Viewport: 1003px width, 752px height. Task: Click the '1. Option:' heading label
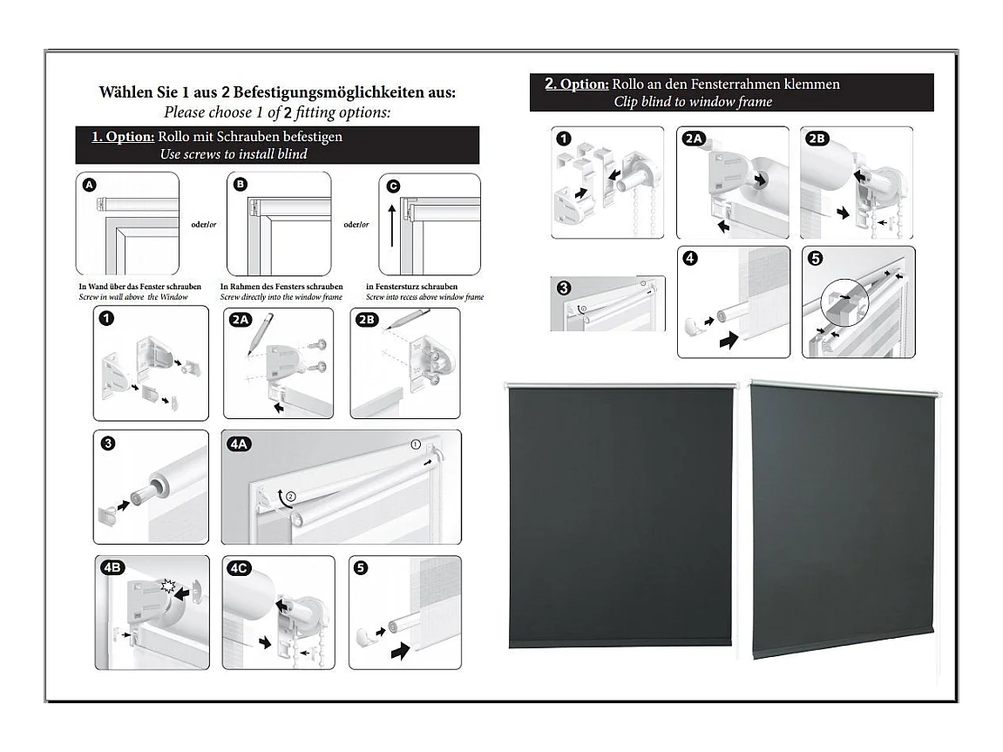[123, 137]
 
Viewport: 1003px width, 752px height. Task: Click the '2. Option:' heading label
[576, 85]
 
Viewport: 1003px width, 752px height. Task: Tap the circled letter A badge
[89, 185]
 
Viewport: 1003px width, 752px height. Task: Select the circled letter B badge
[241, 185]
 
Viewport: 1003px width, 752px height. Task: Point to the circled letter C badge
[393, 186]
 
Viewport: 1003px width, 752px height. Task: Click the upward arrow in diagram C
[391, 232]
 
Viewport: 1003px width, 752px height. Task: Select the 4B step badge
[113, 568]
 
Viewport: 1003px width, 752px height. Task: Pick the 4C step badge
[239, 568]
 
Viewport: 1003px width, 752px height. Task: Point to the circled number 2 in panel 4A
[290, 497]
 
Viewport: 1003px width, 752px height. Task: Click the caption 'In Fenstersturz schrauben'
[411, 287]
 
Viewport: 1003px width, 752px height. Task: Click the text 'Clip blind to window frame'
[693, 102]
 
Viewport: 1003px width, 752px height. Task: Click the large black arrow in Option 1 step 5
[400, 650]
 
